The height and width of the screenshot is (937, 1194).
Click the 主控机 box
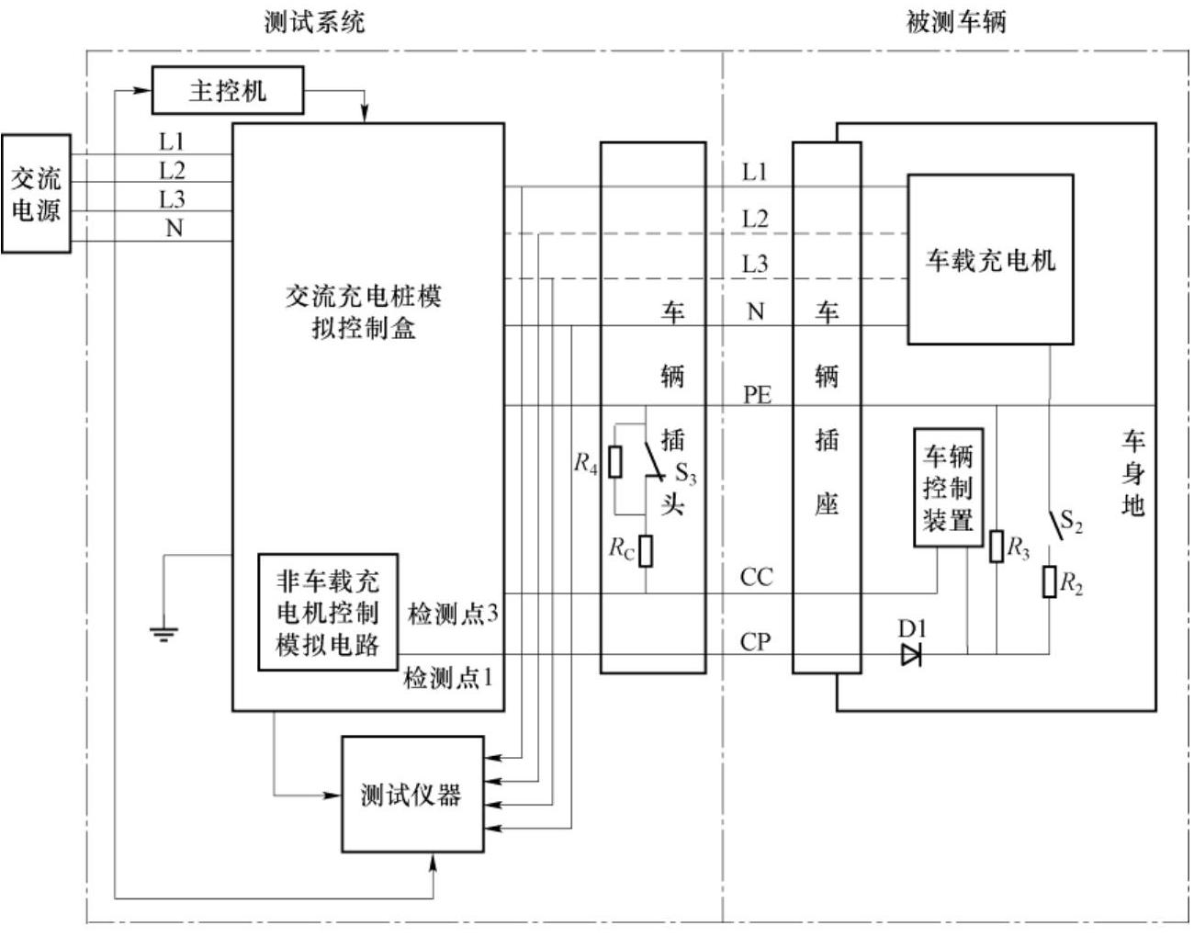click(x=228, y=90)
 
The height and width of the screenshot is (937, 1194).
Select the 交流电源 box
click(x=36, y=194)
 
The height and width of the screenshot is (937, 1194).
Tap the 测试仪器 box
click(x=412, y=794)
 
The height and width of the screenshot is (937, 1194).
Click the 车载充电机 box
click(x=990, y=259)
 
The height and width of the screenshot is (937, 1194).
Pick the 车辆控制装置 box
click(x=949, y=488)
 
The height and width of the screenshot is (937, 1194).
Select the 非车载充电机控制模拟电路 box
click(x=328, y=612)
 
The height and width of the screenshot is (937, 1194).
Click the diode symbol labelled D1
click(x=911, y=655)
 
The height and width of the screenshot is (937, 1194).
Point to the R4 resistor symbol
click(x=615, y=462)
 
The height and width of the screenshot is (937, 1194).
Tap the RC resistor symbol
click(x=646, y=550)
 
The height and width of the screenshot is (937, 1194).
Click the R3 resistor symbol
click(x=997, y=547)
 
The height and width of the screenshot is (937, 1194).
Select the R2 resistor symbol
click(x=1050, y=581)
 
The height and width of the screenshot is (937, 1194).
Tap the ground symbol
click(x=163, y=634)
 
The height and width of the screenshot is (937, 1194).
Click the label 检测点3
click(x=453, y=614)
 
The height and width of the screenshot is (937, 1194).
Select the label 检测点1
click(x=448, y=678)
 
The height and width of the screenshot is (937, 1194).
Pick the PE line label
click(x=757, y=395)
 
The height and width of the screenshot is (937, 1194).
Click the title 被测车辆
click(x=956, y=23)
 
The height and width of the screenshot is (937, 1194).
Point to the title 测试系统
click(x=314, y=23)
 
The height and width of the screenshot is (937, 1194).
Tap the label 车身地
click(x=1133, y=473)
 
